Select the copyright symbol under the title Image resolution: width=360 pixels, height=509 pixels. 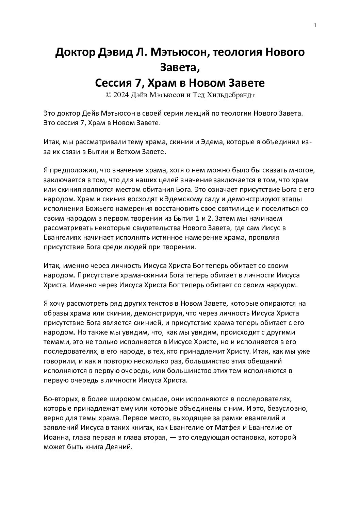pyautogui.click(x=109, y=95)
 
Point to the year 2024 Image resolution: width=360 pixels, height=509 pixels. pyautogui.click(x=121, y=95)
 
